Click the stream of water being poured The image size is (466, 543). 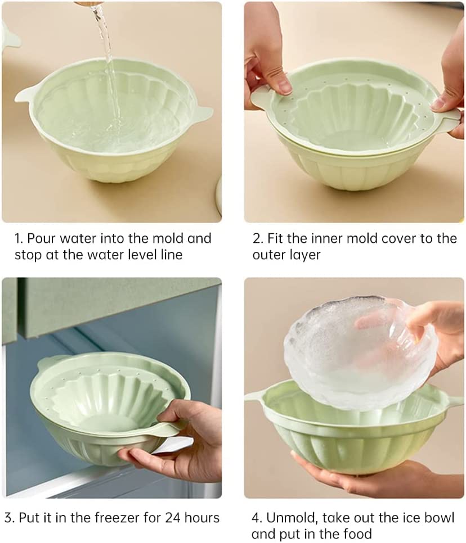click(107, 67)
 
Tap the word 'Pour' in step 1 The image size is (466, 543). click(42, 238)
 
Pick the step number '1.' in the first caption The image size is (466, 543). click(19, 238)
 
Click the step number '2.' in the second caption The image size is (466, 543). click(258, 238)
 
